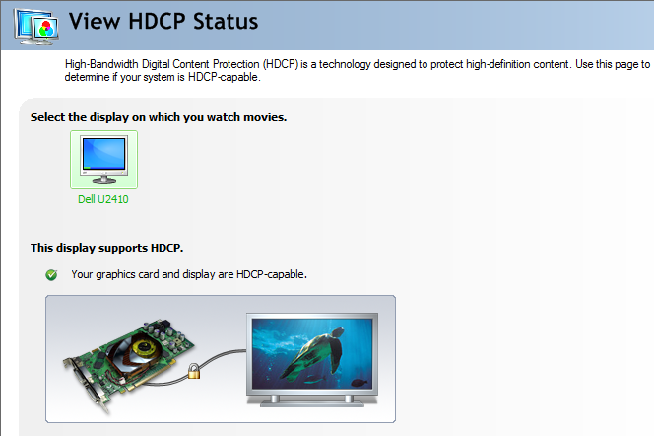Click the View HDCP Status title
pos(163,22)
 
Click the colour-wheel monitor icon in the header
pos(36,27)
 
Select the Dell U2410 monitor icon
pos(103,160)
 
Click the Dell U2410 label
pos(103,199)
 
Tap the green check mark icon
pos(51,275)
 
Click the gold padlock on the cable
pos(194,371)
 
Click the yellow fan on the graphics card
pos(143,348)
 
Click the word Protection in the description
pos(236,64)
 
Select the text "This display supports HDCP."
pos(106,248)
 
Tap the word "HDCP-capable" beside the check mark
pos(270,274)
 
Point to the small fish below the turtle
pos(360,383)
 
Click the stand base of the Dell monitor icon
pos(103,180)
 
